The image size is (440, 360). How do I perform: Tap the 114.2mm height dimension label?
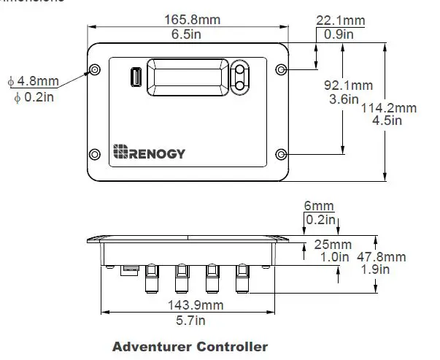pyautogui.click(x=390, y=108)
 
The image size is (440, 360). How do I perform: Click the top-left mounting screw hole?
pyautogui.click(x=95, y=70)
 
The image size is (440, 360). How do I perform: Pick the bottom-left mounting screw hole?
pyautogui.click(x=95, y=154)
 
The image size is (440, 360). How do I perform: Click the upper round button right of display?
pyautogui.click(x=240, y=70)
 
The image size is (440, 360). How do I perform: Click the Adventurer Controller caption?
pyautogui.click(x=190, y=346)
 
